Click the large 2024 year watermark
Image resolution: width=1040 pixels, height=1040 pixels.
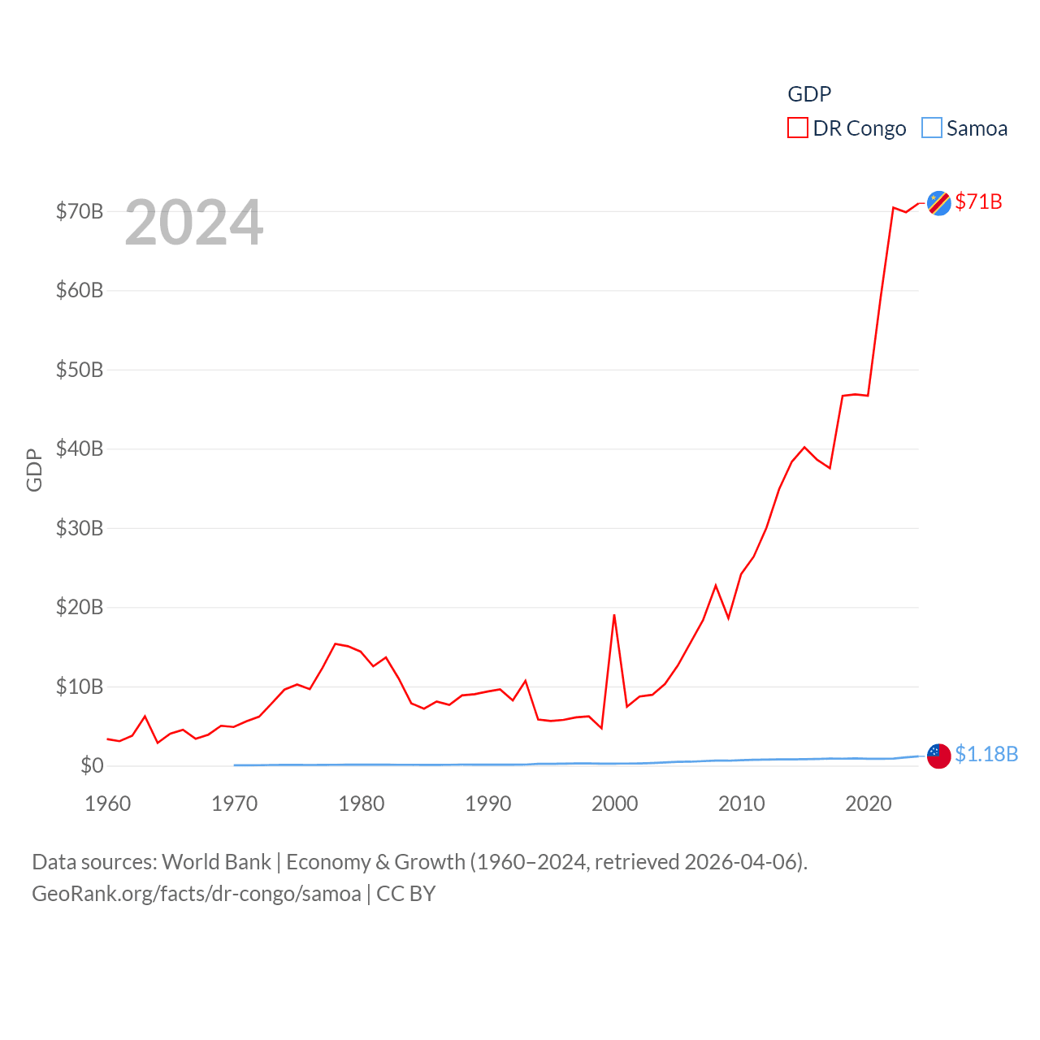click(194, 223)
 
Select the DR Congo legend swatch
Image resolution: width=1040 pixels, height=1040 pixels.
click(798, 128)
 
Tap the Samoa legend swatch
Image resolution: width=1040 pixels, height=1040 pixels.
click(932, 128)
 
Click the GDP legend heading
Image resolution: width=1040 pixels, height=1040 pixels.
click(809, 94)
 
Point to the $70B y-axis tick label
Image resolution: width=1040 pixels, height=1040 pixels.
click(80, 212)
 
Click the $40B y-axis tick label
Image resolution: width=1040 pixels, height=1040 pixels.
click(80, 448)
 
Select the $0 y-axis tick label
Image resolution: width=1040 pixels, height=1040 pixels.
click(92, 765)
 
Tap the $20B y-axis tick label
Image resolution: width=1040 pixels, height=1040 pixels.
click(80, 607)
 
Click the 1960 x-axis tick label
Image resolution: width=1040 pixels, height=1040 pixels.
click(108, 804)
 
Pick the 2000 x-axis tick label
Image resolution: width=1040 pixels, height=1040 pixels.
click(615, 804)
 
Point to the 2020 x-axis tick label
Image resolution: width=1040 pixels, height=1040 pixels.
click(869, 804)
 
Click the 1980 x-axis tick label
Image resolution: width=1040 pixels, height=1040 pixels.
click(362, 804)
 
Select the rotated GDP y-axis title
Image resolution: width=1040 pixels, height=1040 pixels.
click(34, 470)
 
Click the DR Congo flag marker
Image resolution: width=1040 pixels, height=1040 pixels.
click(939, 203)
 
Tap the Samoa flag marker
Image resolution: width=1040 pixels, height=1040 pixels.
click(939, 756)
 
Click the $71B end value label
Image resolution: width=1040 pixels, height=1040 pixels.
click(978, 201)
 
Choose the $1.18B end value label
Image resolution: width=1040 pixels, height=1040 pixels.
click(986, 754)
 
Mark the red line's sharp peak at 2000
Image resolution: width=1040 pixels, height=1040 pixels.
click(614, 615)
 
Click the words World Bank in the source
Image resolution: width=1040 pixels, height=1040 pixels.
click(216, 861)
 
